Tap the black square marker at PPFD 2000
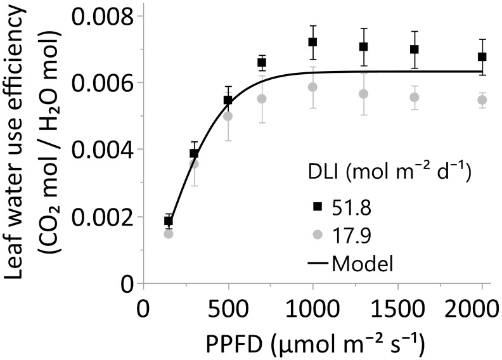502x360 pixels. [482, 56]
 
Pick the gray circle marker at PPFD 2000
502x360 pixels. [482, 100]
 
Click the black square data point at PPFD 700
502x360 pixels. [262, 62]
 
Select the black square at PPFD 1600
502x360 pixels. [414, 49]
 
